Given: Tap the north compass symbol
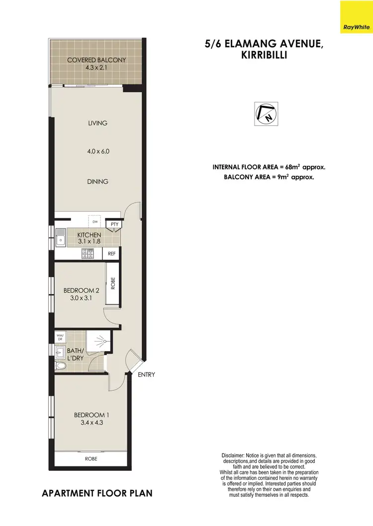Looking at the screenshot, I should tap(266, 113).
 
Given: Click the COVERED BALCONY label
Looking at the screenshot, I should tap(96, 60).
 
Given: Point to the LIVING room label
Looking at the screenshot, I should tap(97, 123).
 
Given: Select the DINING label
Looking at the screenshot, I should tap(97, 182).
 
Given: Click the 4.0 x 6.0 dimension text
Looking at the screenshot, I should tap(97, 151).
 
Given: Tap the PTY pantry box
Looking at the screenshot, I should tap(114, 225).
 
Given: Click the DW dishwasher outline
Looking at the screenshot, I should tap(94, 222).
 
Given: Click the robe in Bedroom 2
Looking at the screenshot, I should tap(113, 284).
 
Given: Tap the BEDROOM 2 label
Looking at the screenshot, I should tap(81, 291).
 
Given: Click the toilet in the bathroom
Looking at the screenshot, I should tap(61, 366).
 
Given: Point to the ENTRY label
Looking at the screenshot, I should tap(146, 375).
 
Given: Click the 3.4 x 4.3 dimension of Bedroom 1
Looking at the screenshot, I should tap(90, 424).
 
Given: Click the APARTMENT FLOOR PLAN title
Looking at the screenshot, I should tap(97, 494).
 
